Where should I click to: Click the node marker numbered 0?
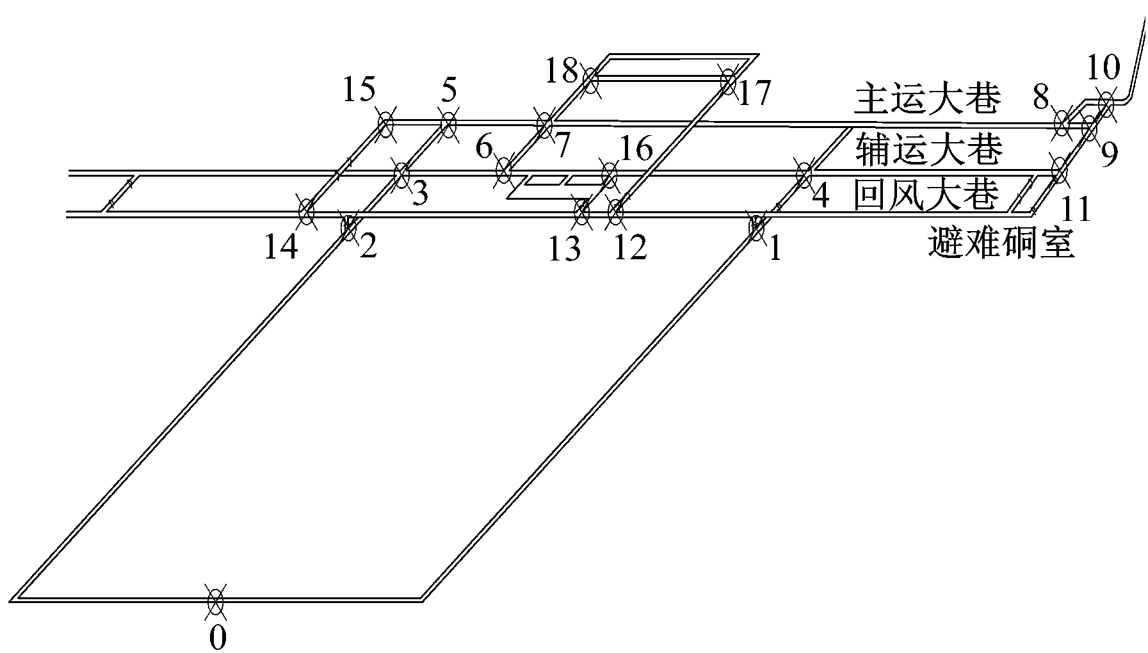(216, 601)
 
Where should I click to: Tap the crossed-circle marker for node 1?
(756, 228)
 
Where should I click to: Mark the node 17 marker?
(728, 81)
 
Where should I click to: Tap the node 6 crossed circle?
(505, 171)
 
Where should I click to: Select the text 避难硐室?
(1000, 244)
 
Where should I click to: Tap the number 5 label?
(449, 91)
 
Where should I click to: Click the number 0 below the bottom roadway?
(218, 638)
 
